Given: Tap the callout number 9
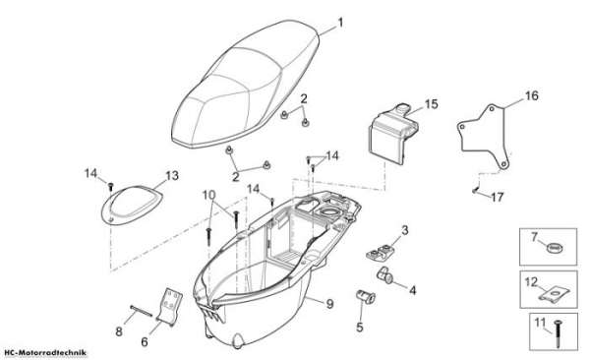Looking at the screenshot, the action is [x=329, y=304].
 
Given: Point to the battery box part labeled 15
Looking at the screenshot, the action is [x=392, y=134].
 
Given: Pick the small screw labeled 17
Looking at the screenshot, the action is [x=476, y=190].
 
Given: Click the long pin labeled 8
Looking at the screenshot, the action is [x=141, y=311].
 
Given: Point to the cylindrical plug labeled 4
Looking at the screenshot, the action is [x=384, y=274].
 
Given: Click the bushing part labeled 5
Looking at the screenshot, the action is [x=366, y=296].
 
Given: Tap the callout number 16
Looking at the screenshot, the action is [x=531, y=95].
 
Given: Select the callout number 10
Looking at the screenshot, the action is [x=208, y=195].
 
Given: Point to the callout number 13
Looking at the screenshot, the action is [x=172, y=175].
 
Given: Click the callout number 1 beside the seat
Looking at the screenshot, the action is [x=340, y=23].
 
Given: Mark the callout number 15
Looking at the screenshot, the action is [x=432, y=104].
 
